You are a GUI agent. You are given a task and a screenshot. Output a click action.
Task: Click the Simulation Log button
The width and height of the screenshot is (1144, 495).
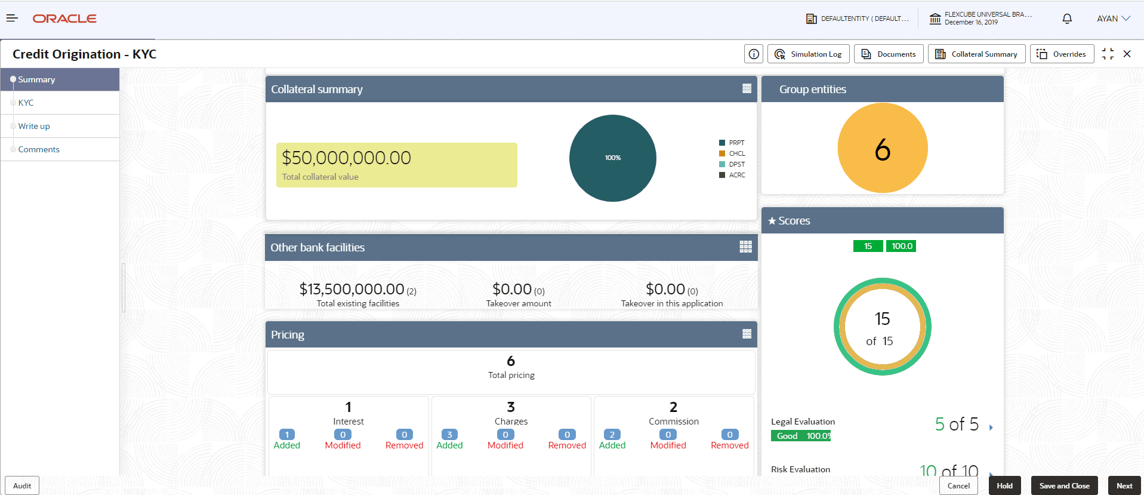808,54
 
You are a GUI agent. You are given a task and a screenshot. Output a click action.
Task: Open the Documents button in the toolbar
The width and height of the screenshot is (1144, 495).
889,54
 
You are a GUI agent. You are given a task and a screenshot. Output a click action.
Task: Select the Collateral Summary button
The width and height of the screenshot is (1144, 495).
976,54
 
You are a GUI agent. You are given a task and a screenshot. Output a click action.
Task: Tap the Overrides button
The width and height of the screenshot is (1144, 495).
1062,54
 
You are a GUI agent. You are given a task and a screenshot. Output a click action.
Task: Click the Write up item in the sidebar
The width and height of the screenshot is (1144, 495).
34,126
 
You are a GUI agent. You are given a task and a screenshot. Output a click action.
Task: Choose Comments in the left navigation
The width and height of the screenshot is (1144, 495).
39,149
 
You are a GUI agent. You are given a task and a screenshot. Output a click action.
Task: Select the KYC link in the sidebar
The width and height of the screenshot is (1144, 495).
26,103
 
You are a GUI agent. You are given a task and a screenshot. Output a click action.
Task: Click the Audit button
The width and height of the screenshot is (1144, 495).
22,485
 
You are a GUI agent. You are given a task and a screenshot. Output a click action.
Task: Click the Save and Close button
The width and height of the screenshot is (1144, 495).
1064,485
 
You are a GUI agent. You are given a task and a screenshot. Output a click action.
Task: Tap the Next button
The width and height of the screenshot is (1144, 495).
1124,485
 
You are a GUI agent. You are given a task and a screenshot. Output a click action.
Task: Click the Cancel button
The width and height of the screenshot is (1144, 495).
958,485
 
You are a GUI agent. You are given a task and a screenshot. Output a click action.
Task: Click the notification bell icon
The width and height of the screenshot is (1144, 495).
1067,19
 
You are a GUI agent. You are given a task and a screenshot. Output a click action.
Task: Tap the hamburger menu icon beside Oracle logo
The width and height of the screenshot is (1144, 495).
12,19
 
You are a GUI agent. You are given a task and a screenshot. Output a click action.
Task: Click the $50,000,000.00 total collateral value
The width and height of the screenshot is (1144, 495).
346,158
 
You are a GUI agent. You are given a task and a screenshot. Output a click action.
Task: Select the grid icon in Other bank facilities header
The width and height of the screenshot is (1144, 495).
745,247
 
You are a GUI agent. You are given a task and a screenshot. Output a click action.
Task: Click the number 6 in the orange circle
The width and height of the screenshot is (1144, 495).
882,149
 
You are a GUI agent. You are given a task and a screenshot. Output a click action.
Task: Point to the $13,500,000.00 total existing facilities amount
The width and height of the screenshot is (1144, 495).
351,290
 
